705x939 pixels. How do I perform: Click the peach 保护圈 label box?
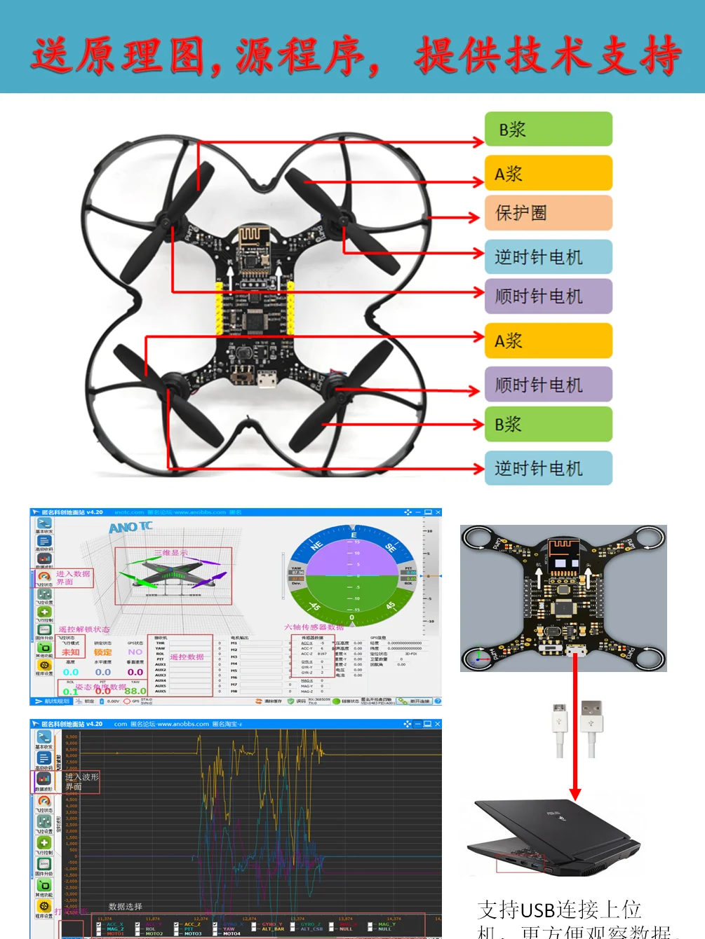(548, 213)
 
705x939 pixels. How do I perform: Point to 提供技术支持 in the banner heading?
(547, 55)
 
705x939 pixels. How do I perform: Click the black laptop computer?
(554, 838)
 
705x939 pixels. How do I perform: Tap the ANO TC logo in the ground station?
(130, 527)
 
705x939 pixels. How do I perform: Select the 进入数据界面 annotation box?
(73, 577)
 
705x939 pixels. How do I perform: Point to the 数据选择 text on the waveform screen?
(125, 906)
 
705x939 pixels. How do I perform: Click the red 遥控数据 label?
(187, 657)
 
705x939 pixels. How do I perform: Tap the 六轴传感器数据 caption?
(314, 627)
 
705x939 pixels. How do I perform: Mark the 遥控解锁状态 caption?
(84, 629)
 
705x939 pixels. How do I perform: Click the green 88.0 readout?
(135, 691)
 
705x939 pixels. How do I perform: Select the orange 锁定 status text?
(102, 652)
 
